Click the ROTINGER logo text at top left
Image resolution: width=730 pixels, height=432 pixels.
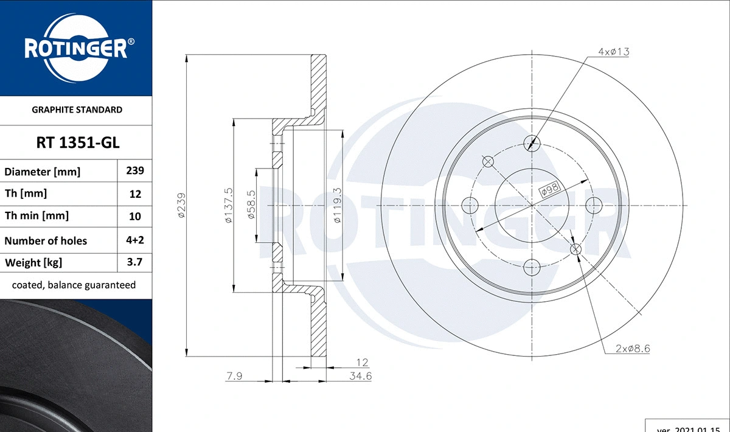75,49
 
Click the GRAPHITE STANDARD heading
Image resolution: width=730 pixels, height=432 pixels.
76,110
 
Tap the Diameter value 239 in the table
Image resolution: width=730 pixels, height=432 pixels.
134,171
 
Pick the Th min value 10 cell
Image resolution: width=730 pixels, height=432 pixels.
134,216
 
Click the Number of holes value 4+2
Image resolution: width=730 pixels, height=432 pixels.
134,240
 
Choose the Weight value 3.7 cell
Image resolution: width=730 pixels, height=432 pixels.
134,263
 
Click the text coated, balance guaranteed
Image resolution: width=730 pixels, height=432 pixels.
74,285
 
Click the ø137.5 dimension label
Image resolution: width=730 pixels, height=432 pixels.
229,206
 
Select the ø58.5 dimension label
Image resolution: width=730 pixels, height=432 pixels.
251,206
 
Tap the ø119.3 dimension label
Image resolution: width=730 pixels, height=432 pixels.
338,206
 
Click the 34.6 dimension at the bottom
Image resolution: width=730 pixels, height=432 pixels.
360,377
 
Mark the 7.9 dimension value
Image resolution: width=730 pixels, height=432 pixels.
235,377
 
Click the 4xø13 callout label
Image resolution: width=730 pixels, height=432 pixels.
613,52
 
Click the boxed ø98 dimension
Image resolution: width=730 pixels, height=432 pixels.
550,190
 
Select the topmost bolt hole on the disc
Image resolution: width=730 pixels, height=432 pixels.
532,144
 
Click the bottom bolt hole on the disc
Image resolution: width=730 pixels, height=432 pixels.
532,267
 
